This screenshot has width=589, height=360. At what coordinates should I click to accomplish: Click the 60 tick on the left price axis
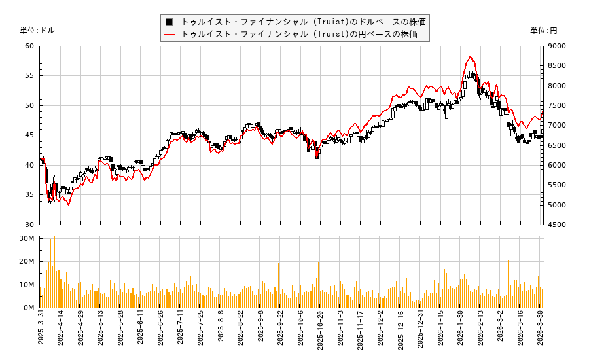[x=29, y=46]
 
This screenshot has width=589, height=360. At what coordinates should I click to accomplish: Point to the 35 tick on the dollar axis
[x=29, y=194]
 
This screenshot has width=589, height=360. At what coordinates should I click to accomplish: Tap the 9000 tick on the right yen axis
[x=557, y=46]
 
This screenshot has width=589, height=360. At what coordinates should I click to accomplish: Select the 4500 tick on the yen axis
[x=557, y=225]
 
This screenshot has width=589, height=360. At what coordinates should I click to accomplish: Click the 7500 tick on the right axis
[x=557, y=105]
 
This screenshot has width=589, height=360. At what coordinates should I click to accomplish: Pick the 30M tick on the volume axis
[x=27, y=238]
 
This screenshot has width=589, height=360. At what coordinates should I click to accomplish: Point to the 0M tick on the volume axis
[x=29, y=308]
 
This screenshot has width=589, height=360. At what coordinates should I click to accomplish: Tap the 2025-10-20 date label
[x=321, y=333]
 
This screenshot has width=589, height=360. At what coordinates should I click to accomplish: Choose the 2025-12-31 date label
[x=421, y=333]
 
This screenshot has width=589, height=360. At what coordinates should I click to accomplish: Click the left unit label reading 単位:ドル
[x=37, y=31]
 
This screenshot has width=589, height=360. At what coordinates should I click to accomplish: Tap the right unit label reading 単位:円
[x=543, y=31]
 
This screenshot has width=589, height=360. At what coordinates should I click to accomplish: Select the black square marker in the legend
[x=170, y=22]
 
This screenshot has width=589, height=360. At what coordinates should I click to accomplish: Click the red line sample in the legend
[x=170, y=34]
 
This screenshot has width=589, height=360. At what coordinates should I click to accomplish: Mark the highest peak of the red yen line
[x=471, y=56]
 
